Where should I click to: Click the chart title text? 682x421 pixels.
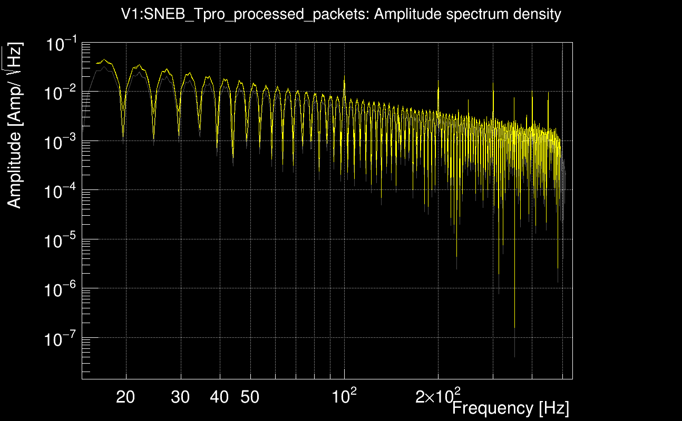click(341, 15)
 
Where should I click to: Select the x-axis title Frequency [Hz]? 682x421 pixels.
click(510, 408)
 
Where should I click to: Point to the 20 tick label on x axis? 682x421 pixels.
click(125, 397)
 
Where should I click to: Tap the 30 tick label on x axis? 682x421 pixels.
click(180, 397)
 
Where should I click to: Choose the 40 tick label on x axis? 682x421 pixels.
click(219, 397)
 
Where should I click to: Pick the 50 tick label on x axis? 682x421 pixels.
click(250, 397)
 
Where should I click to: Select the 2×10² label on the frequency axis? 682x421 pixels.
click(438, 396)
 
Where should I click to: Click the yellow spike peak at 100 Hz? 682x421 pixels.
click(344, 77)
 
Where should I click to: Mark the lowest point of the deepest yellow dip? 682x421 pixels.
click(514, 328)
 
